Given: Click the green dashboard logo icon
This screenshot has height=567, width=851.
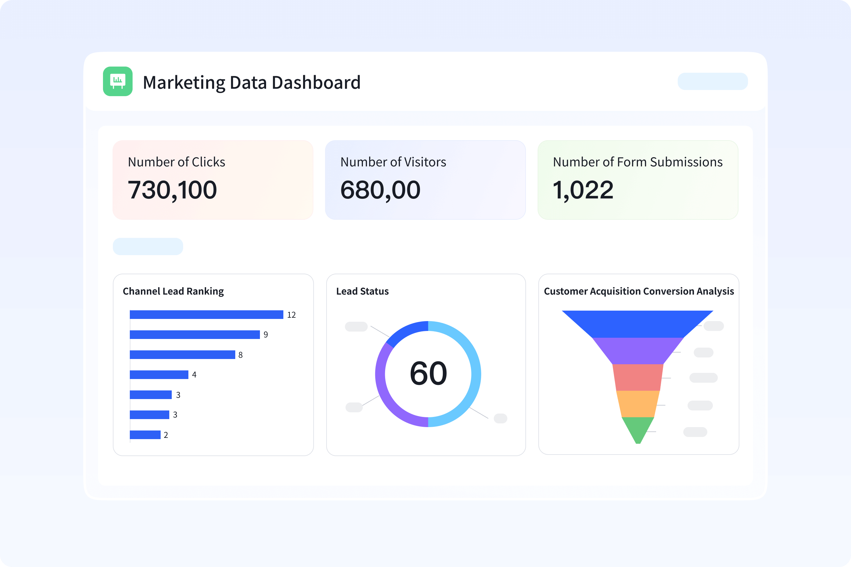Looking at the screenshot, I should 117,81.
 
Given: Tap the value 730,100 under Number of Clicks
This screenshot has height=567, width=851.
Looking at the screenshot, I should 172,190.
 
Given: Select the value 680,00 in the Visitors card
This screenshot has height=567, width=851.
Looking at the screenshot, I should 380,190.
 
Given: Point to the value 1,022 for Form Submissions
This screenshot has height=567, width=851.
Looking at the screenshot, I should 583,190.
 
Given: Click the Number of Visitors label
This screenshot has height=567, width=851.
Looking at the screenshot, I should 393,162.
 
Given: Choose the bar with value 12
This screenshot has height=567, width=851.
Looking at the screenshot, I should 206,315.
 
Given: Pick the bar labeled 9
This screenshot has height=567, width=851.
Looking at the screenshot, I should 195,334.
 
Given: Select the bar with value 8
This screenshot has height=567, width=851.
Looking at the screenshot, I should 182,355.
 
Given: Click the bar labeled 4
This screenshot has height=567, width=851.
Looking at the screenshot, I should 159,375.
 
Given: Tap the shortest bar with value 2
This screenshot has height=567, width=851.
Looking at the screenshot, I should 145,435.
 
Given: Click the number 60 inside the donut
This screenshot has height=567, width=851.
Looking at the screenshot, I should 428,373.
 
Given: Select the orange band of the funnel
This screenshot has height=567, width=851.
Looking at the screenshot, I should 638,404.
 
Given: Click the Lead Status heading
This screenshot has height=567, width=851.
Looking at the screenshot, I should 362,291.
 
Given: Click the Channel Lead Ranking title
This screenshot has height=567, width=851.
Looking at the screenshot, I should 173,291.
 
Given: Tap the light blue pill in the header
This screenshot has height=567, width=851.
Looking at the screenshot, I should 713,81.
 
